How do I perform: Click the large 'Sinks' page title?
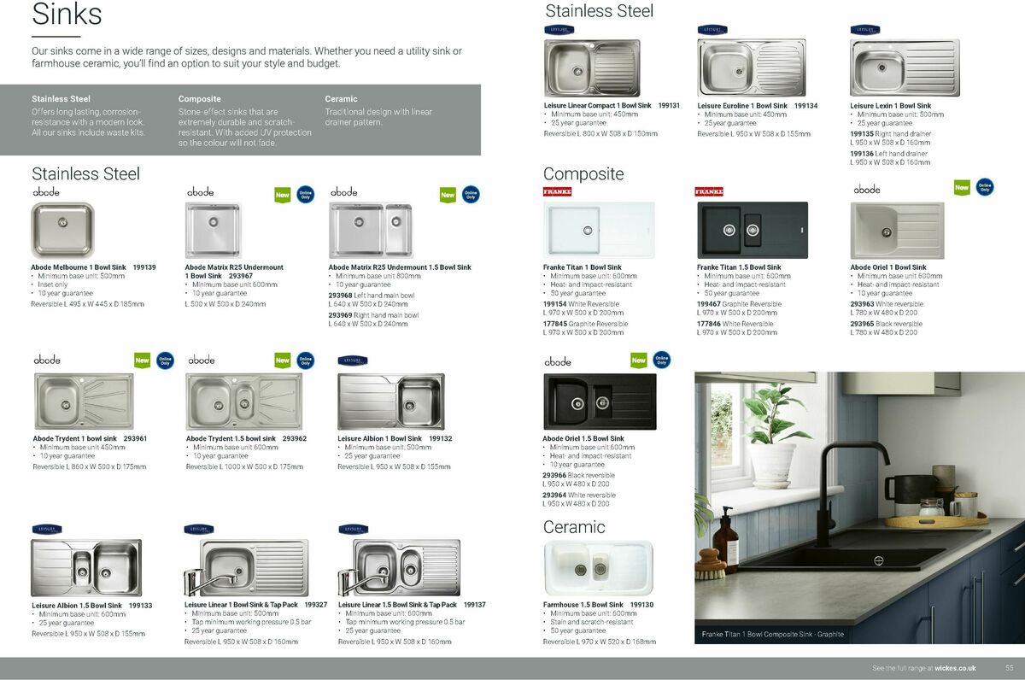(67, 15)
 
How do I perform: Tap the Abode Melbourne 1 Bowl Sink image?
(62, 230)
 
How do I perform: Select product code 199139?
(144, 267)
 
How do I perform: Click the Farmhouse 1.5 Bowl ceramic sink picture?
(598, 568)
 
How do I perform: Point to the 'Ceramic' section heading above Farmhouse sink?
(574, 527)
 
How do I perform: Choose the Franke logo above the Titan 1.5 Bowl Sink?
(709, 191)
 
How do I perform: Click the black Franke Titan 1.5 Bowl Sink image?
(752, 230)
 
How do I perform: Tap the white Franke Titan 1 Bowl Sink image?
(599, 230)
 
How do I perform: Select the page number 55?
(1009, 668)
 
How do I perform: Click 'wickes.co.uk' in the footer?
(955, 668)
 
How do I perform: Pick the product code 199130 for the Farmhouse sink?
(641, 605)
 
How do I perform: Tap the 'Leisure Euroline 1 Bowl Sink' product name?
(742, 106)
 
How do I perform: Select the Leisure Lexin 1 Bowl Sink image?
(905, 67)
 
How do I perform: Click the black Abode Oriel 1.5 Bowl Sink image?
(600, 402)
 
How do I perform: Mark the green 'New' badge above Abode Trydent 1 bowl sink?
(142, 361)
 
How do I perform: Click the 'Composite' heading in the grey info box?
(200, 99)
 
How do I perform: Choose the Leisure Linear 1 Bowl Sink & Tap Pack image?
(246, 568)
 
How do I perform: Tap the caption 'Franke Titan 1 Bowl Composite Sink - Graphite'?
(772, 634)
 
